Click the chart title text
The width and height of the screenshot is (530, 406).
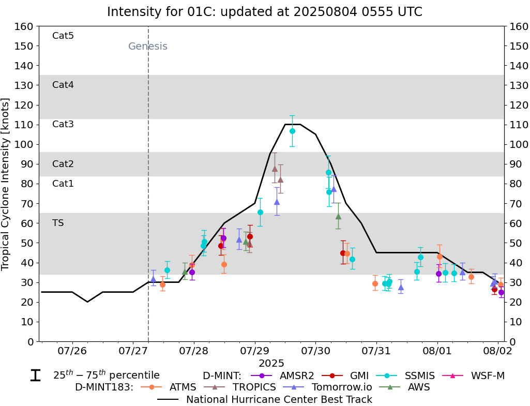coord(265,11)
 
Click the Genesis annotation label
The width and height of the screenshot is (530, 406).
coord(148,47)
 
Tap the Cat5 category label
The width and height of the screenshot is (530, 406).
coord(63,36)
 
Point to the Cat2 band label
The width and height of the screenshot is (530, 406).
coord(63,164)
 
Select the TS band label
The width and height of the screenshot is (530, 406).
coord(58,223)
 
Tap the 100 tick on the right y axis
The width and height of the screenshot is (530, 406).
coord(518,144)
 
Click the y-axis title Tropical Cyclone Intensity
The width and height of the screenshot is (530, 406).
coord(6,184)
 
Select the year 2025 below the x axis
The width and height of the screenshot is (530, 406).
coord(271,364)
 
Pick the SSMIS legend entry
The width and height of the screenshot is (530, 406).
coord(411,376)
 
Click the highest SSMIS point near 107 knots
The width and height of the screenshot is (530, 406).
coord(292,131)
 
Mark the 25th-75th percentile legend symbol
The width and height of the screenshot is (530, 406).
coord(35,375)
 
